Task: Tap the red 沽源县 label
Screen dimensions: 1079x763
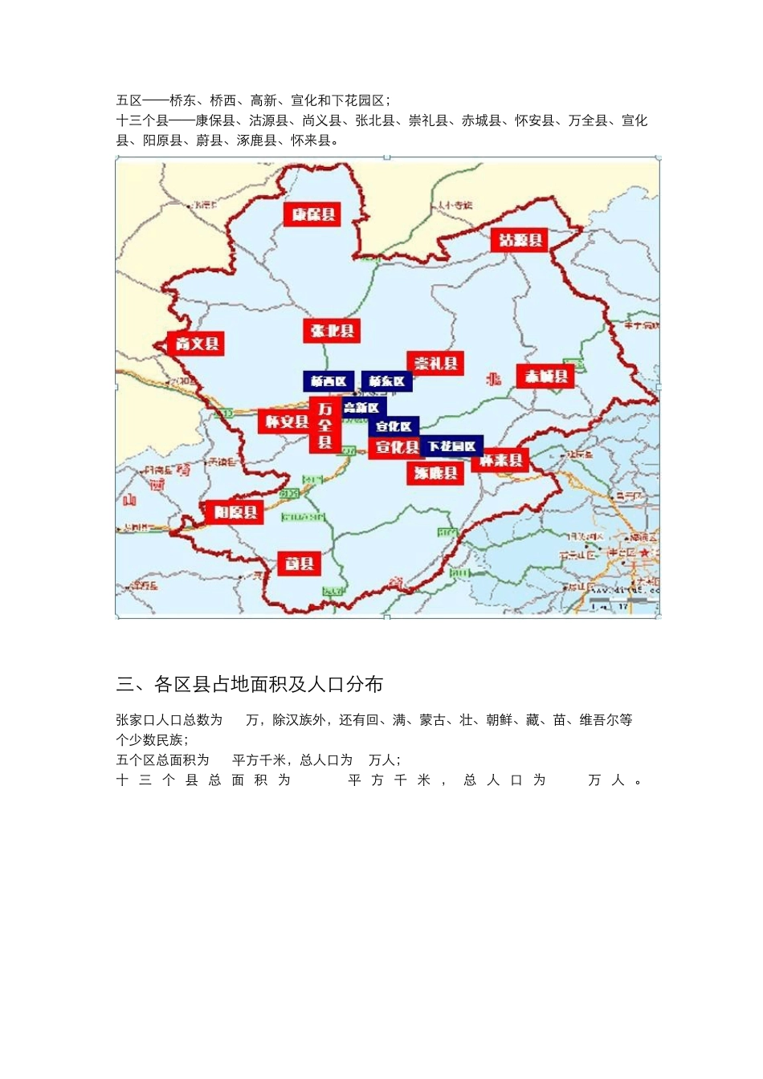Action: (520, 240)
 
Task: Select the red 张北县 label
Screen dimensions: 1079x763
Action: (332, 331)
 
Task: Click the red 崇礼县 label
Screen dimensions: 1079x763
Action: (435, 364)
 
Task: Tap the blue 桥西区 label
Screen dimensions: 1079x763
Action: (328, 381)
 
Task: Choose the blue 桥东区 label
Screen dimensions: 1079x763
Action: (387, 381)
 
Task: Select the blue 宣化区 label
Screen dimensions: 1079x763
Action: (394, 426)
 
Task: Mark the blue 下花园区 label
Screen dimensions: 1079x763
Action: (452, 446)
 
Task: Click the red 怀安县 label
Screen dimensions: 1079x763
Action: (285, 421)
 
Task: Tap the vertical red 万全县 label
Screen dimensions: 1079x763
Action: (325, 425)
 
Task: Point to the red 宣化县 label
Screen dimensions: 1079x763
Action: (398, 447)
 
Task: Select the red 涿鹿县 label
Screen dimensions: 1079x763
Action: (435, 473)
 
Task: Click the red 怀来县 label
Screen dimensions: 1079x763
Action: (501, 460)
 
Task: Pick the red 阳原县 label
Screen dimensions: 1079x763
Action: (235, 511)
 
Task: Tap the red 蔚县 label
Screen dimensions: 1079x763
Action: (300, 564)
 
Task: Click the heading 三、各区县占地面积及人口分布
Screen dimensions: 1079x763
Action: (250, 684)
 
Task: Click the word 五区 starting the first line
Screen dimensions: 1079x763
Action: (129, 100)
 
